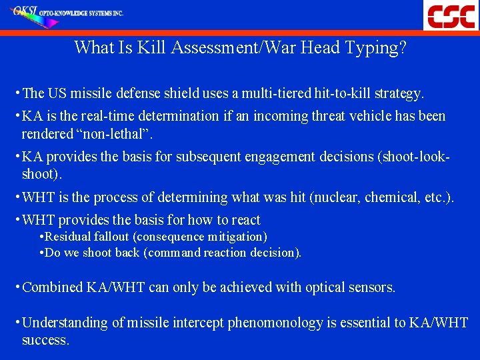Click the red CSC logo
click(x=451, y=15)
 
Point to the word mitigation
click(x=238, y=237)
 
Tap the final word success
click(x=45, y=340)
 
